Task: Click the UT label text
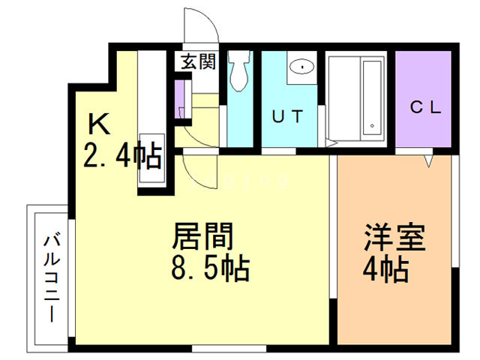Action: [x=287, y=116]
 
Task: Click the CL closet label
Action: [x=424, y=106]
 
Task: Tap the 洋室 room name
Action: [x=394, y=238]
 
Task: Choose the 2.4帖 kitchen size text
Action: [x=121, y=156]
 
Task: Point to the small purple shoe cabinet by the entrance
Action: [x=179, y=97]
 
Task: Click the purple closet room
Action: [x=424, y=97]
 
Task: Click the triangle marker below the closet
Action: [x=429, y=160]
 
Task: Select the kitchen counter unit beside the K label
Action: [x=150, y=120]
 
